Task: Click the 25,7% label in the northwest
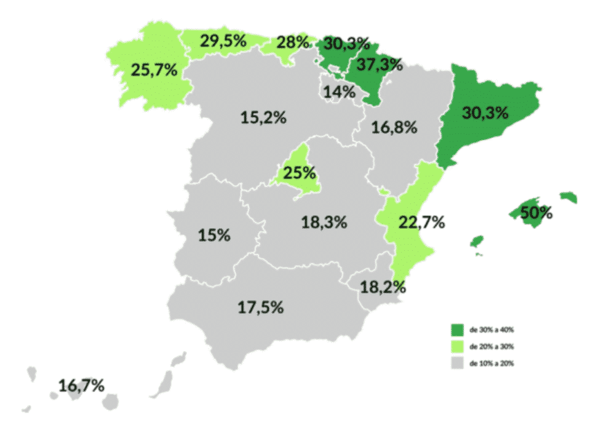tap(154, 69)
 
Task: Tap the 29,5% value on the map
tap(223, 41)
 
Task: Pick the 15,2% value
tap(263, 117)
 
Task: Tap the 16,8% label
tap(396, 127)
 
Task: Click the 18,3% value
tap(324, 223)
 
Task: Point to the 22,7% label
tap(421, 223)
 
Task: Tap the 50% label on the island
tap(536, 213)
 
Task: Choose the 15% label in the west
tap(214, 235)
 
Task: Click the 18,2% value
tap(383, 287)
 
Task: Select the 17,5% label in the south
tap(260, 307)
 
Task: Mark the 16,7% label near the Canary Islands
tap(82, 385)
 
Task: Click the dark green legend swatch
tap(458, 330)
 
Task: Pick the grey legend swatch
tap(458, 363)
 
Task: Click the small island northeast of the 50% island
tap(569, 197)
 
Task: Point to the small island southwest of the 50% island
tap(476, 242)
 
